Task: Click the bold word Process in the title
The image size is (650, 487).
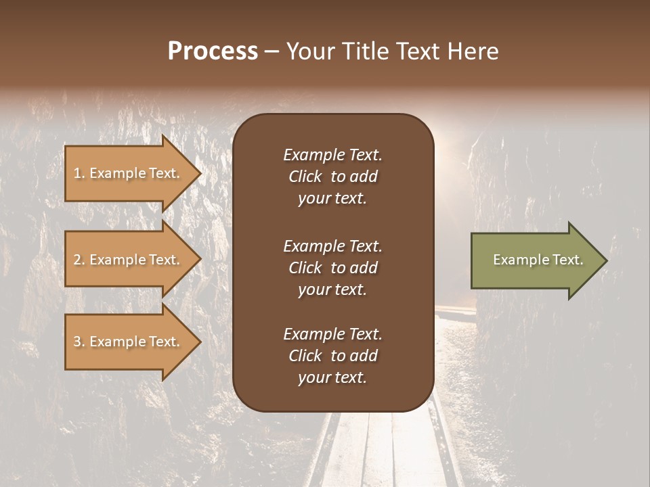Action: tap(213, 51)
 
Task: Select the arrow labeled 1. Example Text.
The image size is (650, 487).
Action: tap(129, 173)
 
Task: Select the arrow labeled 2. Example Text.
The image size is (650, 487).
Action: tap(129, 260)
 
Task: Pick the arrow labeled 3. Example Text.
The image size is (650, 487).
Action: tap(129, 342)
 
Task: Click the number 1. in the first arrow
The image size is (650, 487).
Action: tap(79, 173)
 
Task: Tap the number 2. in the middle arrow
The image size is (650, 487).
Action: tap(79, 260)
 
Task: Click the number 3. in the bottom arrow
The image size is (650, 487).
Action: tap(79, 342)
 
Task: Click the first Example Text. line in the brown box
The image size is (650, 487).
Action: tap(332, 155)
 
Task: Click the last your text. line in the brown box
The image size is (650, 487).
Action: tap(332, 377)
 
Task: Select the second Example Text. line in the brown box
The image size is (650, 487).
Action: tap(332, 246)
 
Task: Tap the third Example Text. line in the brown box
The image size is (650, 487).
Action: tap(332, 334)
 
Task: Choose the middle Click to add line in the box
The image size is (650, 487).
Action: tap(332, 268)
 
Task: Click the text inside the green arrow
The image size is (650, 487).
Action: tap(538, 260)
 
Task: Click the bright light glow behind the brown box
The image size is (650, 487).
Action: tap(451, 145)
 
